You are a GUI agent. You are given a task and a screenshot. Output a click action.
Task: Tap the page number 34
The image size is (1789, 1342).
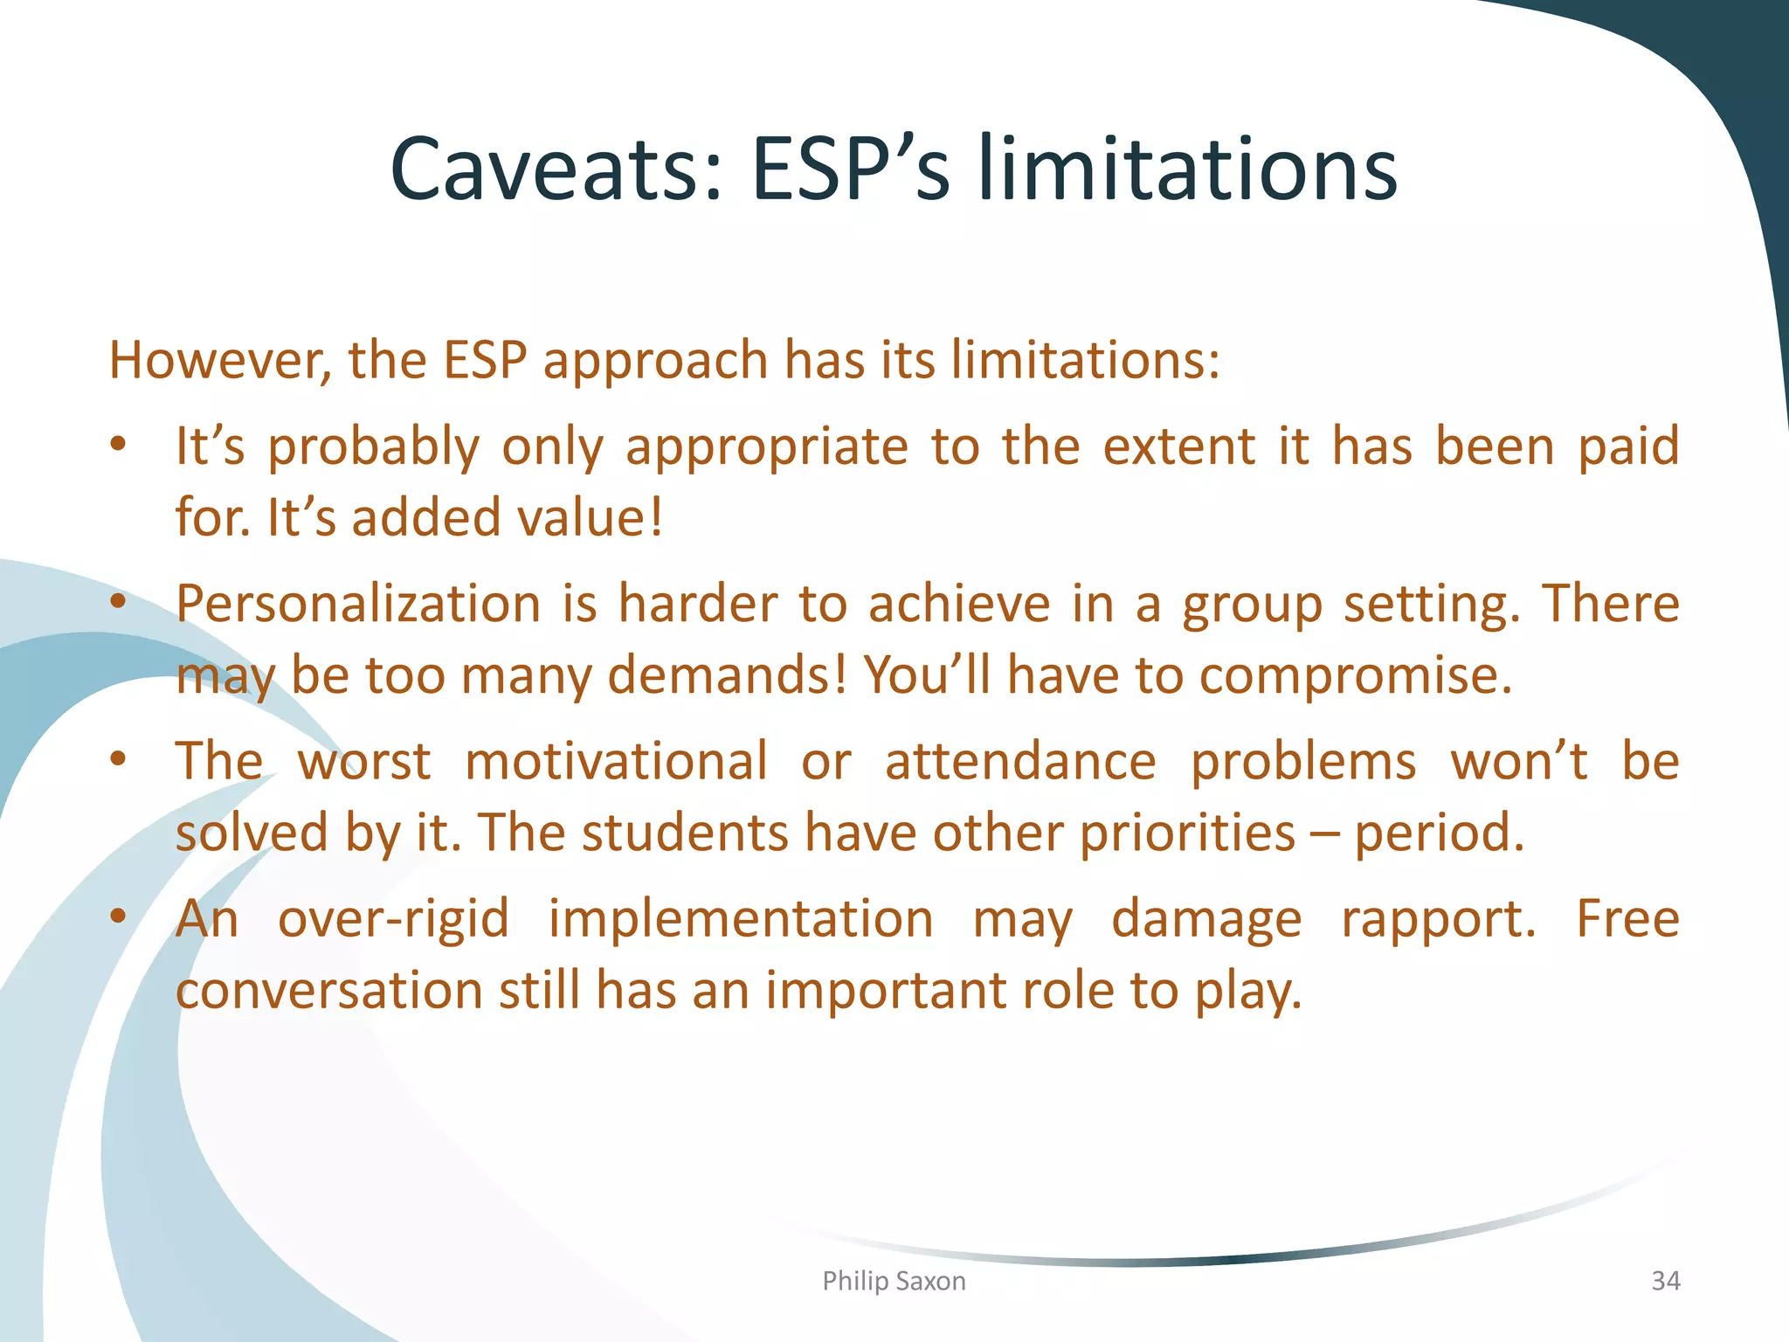click(1665, 1281)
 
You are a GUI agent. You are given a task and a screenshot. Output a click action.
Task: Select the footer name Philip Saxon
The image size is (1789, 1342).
click(894, 1281)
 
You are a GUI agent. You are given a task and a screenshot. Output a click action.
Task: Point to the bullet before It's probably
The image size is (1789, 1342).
click(119, 446)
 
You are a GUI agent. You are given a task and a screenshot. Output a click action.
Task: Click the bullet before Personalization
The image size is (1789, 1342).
click(119, 603)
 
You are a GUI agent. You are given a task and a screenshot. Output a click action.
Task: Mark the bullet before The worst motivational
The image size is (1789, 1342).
click(119, 760)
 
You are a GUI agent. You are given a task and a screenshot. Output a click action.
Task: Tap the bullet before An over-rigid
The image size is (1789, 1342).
click(119, 917)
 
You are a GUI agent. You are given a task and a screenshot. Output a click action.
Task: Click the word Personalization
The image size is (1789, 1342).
click(358, 605)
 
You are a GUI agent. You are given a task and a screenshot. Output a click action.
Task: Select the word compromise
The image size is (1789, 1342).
click(1354, 675)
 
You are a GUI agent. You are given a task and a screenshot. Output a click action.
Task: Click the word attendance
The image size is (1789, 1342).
click(1020, 761)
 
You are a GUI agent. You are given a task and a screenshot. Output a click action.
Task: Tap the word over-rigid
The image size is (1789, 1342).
click(393, 919)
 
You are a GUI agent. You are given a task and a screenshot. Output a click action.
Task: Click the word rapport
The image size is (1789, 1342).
click(1437, 919)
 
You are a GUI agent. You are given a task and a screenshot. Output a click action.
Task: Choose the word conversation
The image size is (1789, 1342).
click(329, 990)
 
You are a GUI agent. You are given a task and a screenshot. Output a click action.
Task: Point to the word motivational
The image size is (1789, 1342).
click(616, 761)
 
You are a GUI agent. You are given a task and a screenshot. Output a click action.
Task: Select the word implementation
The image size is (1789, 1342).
click(741, 919)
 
